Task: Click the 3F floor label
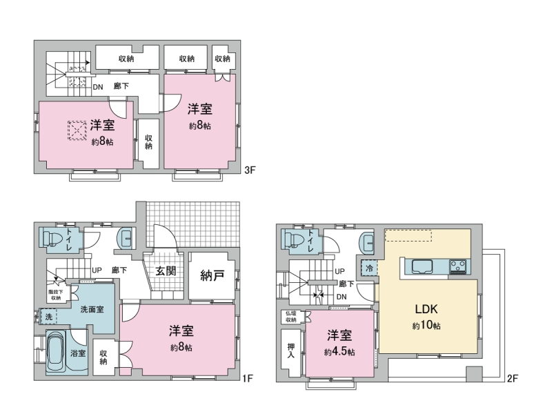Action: (250, 170)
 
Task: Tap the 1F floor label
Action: (248, 378)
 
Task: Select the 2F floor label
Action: (512, 378)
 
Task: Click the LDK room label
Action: (426, 309)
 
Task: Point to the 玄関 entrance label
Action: (166, 270)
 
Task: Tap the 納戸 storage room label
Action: (212, 275)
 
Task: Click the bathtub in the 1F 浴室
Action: (56, 352)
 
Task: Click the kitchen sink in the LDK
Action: (422, 266)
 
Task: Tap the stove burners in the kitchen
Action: (457, 266)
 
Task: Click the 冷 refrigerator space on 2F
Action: (369, 268)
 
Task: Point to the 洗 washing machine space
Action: (48, 317)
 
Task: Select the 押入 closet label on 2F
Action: (290, 351)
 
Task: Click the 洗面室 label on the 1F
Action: (92, 309)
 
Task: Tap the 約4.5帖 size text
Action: (339, 351)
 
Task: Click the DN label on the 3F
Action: (98, 87)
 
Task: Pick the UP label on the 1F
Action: (97, 270)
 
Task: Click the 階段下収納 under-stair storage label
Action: (56, 295)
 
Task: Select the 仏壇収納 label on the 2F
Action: (290, 317)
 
